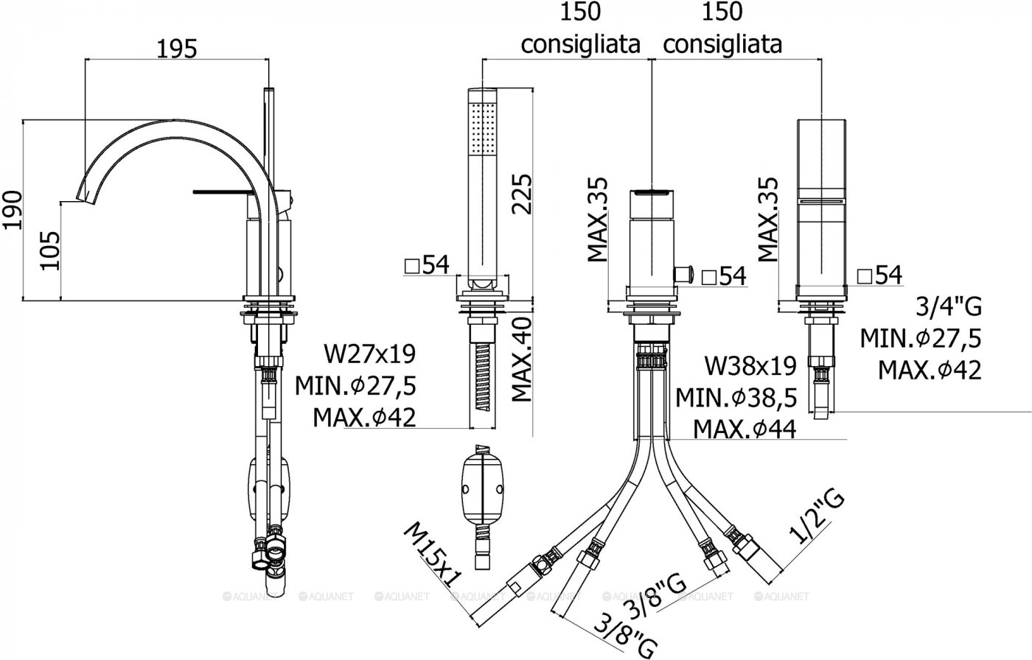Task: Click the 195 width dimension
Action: [x=177, y=49]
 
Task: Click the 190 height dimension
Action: [x=12, y=210]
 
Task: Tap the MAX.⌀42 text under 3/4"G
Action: [x=929, y=370]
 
